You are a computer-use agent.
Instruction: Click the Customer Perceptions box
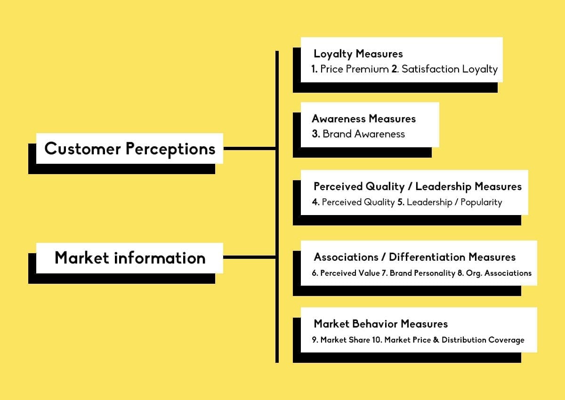(129, 148)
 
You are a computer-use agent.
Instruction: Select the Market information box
(129, 258)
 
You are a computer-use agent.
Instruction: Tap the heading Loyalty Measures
(358, 54)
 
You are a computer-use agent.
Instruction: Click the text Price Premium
(355, 69)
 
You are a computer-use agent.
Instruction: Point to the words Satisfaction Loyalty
(450, 69)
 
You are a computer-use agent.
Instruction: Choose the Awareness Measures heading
(363, 119)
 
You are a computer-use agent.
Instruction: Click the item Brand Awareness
(363, 134)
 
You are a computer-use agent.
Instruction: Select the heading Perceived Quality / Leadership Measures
(418, 187)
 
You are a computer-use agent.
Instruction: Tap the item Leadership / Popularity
(454, 202)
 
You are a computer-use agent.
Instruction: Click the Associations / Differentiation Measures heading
(415, 257)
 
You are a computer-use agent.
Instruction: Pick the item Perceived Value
(350, 273)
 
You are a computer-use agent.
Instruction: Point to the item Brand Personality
(422, 273)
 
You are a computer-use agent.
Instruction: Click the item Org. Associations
(499, 273)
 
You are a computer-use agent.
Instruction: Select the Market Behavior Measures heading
(380, 324)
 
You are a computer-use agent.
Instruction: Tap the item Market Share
(345, 340)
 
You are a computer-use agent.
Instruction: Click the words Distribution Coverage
(483, 340)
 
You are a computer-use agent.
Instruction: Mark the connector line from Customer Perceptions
(250, 149)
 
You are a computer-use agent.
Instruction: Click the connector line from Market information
(250, 257)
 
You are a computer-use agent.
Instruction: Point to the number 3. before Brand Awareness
(316, 134)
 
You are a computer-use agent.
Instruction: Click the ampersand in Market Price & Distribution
(436, 340)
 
